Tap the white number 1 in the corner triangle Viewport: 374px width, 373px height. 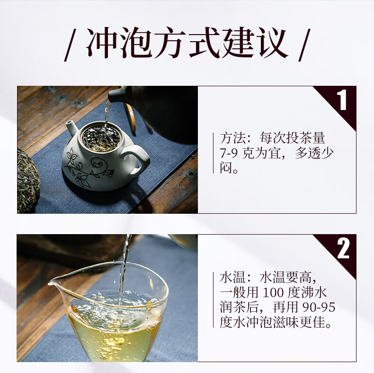click(343, 100)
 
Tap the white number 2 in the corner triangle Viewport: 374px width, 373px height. click(343, 248)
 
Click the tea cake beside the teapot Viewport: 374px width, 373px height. click(27, 182)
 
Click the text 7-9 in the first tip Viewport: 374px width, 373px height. click(229, 153)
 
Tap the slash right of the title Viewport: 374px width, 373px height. click(304, 45)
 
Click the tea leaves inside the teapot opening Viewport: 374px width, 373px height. click(101, 138)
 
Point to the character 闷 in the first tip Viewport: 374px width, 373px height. click(226, 168)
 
